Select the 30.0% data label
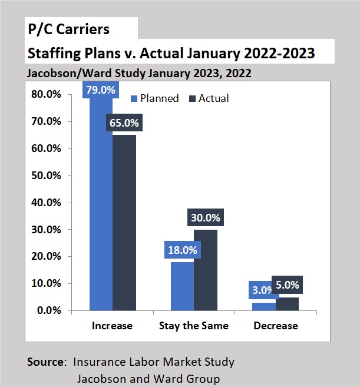point(205,218)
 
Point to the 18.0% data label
point(182,250)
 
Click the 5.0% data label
point(287,286)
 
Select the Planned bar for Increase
point(101,206)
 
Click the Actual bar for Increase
point(124,224)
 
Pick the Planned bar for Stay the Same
point(182,286)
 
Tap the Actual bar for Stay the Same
point(205,271)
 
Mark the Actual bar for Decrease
point(287,303)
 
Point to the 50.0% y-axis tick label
point(45,176)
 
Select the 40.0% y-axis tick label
point(45,203)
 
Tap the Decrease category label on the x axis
point(276,326)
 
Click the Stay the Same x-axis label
point(194,326)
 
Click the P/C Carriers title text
point(68,29)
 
